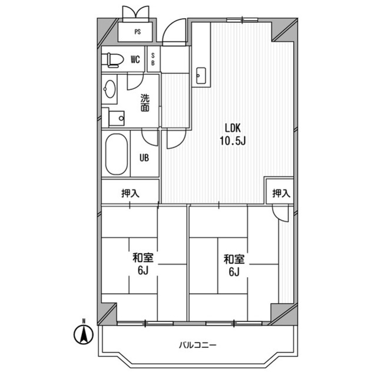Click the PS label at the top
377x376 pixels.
[137, 32]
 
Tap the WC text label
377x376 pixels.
[135, 59]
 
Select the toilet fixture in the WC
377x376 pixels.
[112, 59]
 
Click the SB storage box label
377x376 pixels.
[153, 59]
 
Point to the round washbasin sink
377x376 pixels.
[110, 89]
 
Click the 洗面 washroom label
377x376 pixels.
[145, 103]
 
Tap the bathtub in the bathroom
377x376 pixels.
[116, 154]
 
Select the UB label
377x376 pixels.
[144, 158]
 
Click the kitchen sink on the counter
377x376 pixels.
[200, 74]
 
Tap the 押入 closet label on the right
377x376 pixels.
[280, 192]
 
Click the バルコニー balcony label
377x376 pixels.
[197, 345]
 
